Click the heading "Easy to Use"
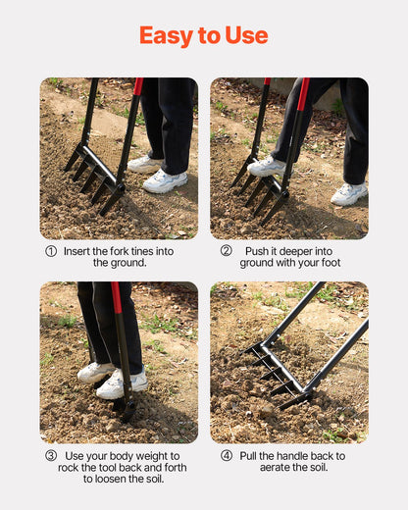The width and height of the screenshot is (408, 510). [203, 36]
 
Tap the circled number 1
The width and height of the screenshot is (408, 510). [51, 251]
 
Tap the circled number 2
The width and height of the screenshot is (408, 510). [226, 251]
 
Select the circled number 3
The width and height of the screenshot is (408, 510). [51, 456]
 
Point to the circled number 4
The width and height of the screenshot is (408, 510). [226, 456]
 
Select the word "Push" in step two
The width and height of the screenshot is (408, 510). [257, 251]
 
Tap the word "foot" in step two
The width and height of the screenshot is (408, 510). [327, 263]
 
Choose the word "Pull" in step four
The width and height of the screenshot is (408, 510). [255, 456]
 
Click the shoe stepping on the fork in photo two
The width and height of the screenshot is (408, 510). [266, 167]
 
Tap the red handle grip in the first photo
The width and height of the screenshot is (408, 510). [138, 87]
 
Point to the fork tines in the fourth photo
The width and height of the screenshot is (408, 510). [270, 373]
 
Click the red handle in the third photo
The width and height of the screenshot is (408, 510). [118, 299]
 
